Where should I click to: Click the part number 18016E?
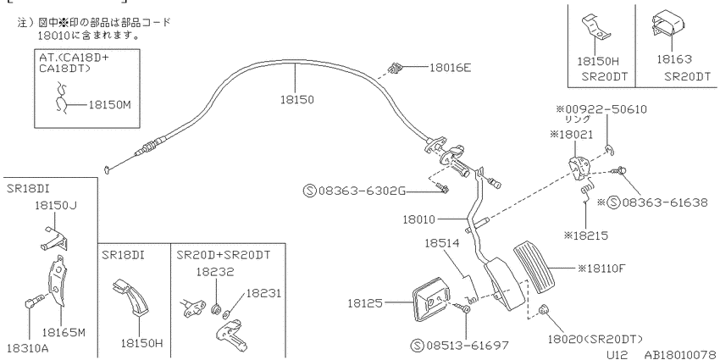click(450, 68)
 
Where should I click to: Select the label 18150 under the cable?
click(297, 100)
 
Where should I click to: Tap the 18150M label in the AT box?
click(110, 105)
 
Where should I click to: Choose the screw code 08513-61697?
click(467, 346)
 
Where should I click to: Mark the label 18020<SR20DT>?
click(595, 339)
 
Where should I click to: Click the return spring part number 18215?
click(590, 235)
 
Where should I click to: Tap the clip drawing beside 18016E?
click(395, 69)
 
